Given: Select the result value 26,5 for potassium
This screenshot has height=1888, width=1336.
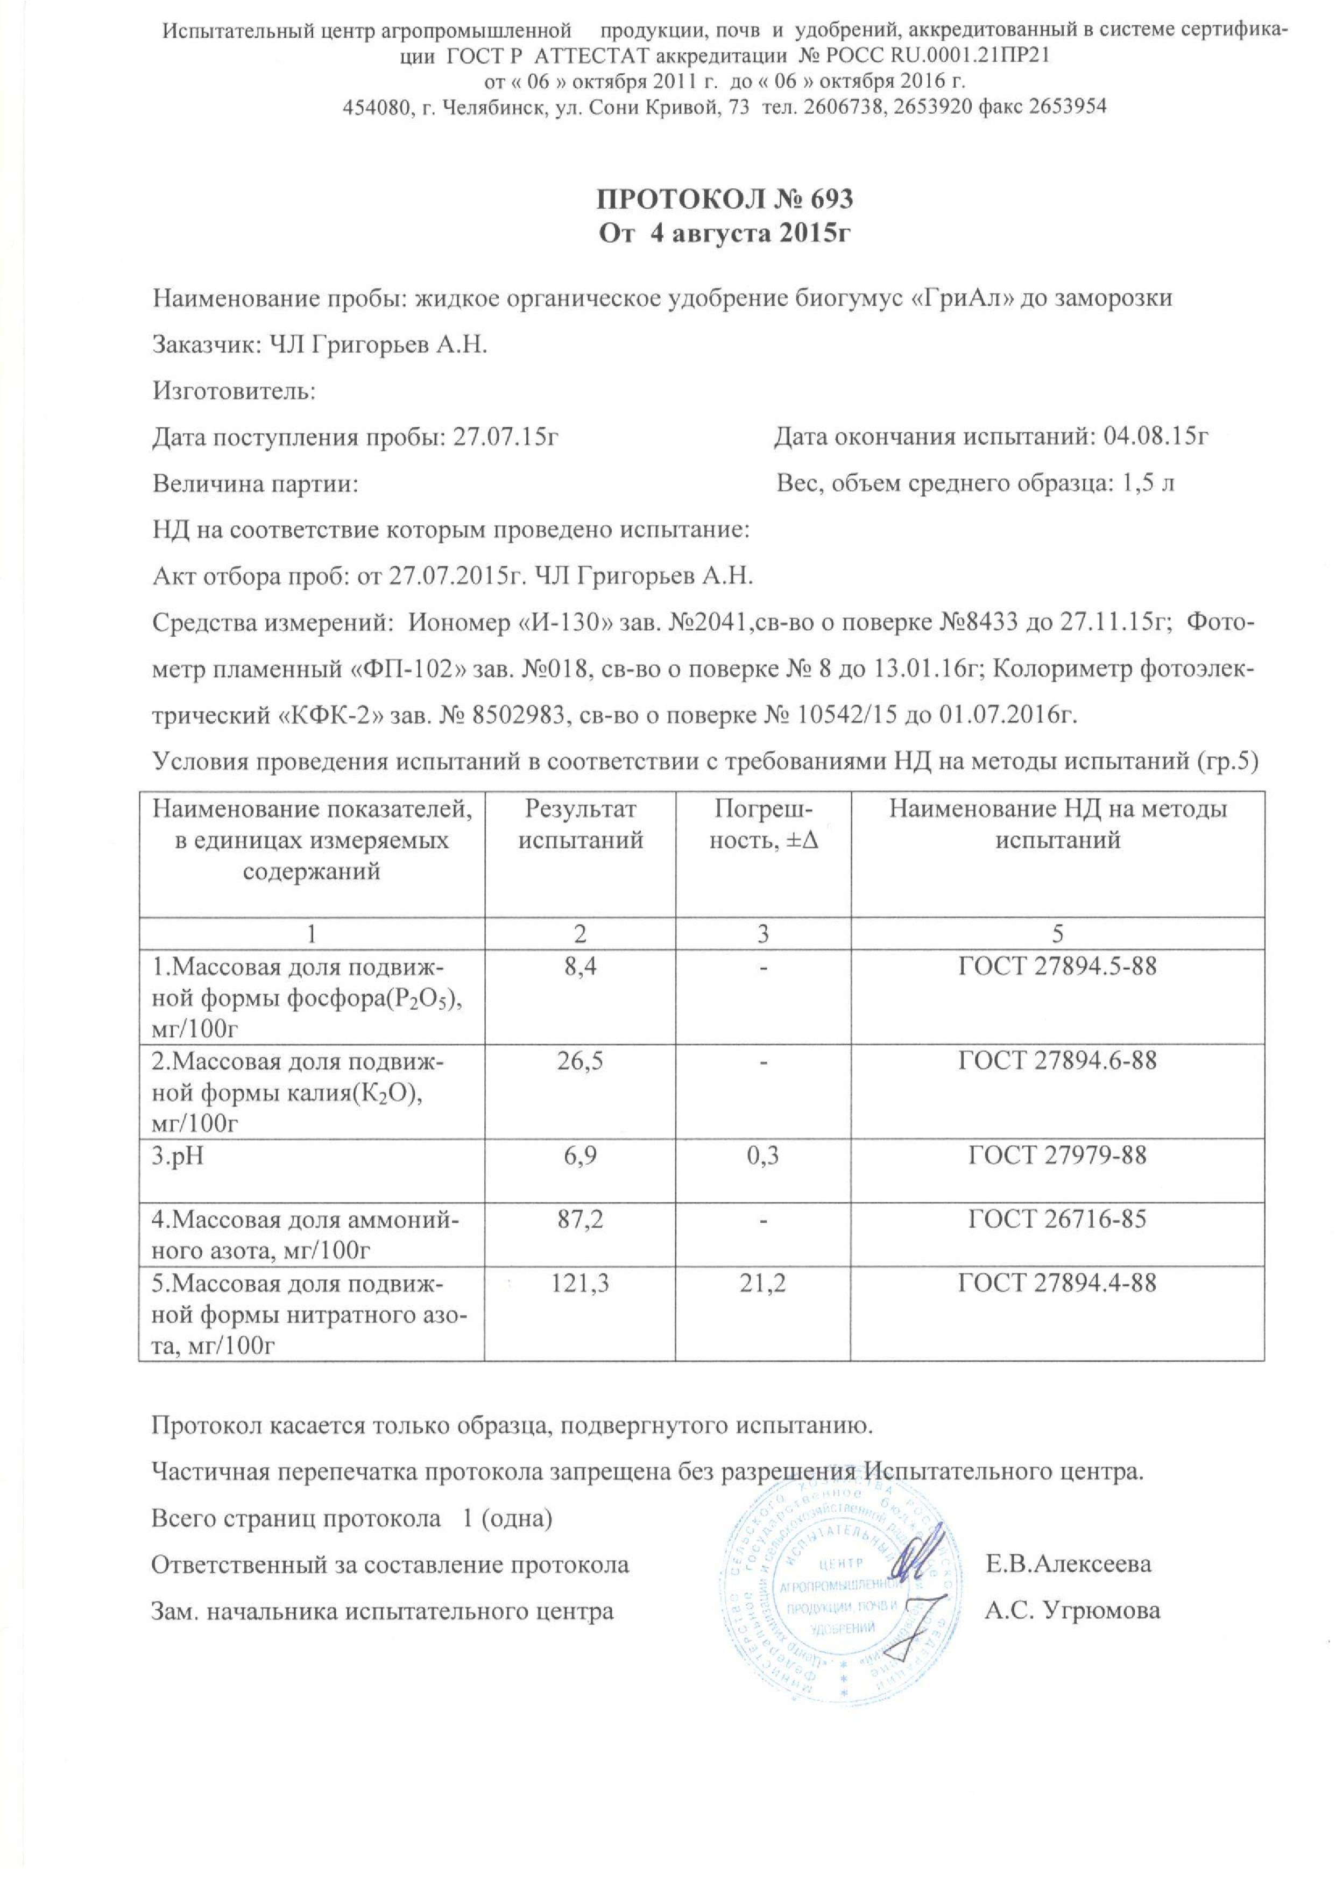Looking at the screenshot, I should point(580,1060).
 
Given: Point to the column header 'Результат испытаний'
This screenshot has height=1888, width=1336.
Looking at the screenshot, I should point(580,825).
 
